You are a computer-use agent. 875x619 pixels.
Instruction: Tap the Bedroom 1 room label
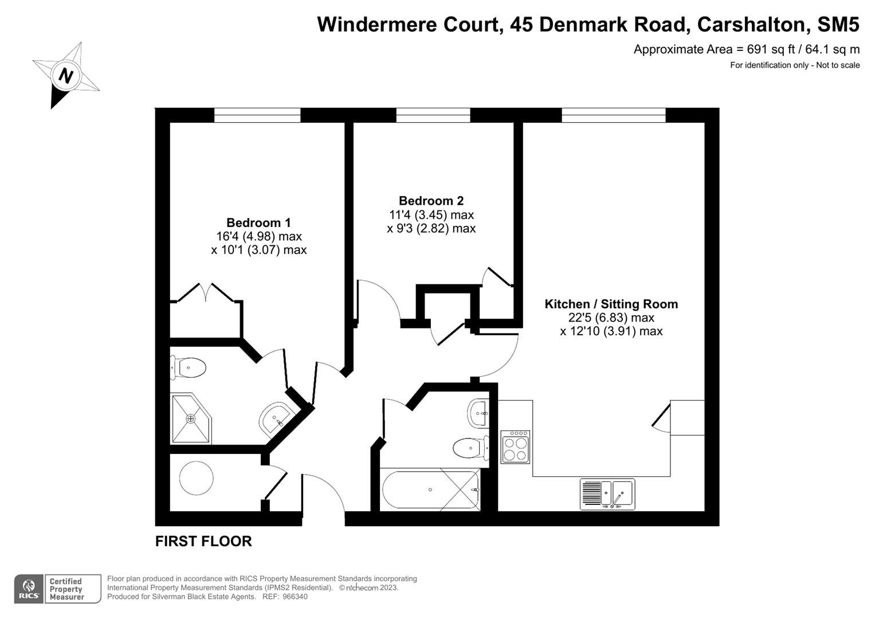coord(258,223)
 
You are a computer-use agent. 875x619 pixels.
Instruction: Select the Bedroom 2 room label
coord(431,201)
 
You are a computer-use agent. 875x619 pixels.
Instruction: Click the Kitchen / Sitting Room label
coord(611,304)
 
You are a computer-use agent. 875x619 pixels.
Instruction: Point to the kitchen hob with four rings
coord(515,447)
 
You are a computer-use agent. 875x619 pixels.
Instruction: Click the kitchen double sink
coord(607,494)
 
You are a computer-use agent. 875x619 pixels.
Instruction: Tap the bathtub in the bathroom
coord(430,490)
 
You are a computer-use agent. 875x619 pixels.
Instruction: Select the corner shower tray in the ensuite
coord(190,418)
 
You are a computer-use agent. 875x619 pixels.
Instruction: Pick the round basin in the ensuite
coord(276,419)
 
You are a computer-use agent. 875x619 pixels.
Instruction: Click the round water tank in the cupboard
coord(197,477)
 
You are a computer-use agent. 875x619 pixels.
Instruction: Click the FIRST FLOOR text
coord(203,541)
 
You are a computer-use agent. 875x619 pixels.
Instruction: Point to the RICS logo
coord(28,589)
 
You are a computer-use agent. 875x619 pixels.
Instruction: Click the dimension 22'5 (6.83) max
coord(611,318)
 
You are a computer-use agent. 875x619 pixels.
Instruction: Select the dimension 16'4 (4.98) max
coord(258,236)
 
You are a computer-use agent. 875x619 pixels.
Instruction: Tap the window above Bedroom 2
coord(433,115)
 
